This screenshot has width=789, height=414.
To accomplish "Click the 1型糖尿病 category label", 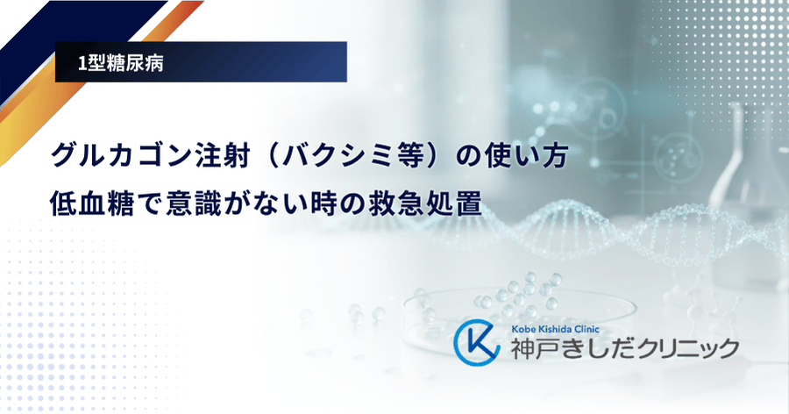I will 120,63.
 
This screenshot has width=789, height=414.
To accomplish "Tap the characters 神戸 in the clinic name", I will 535,349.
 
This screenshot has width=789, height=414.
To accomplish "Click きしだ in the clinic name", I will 601,349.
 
